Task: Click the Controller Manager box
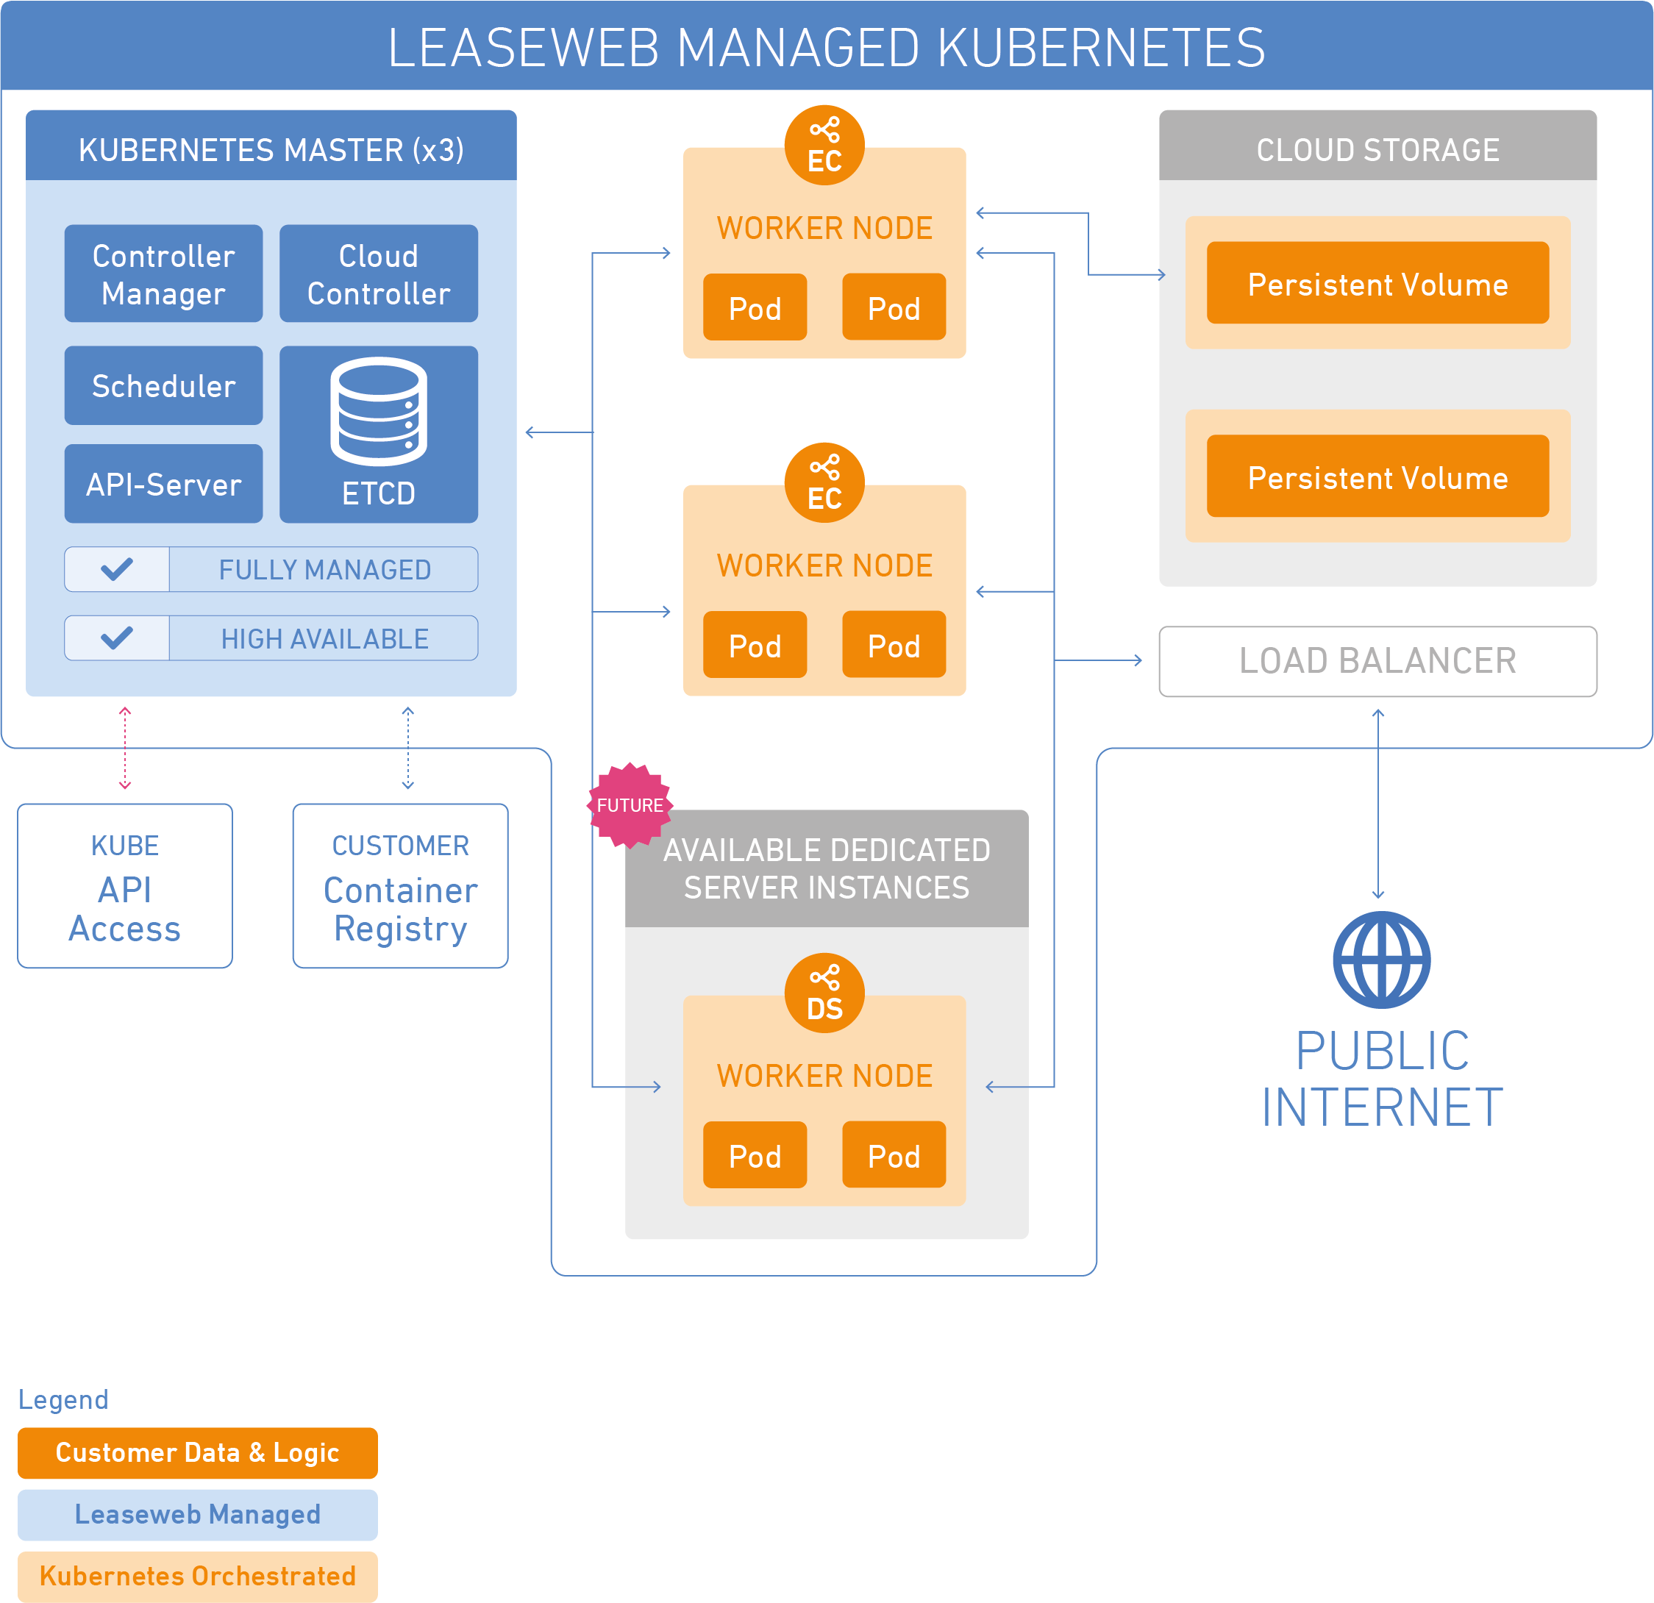coord(164,274)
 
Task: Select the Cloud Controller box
coord(379,274)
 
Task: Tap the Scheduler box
coord(164,385)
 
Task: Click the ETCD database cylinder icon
coord(379,411)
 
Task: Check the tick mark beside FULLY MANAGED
coord(116,569)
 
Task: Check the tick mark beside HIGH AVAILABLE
coord(116,638)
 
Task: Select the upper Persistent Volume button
coord(1377,284)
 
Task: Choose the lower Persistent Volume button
coord(1377,476)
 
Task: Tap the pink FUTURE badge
coord(630,805)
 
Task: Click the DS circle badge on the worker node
coord(824,993)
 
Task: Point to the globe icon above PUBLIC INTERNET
coord(1381,960)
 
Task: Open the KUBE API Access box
coord(125,886)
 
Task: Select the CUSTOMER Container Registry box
coord(400,886)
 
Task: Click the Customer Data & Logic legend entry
coord(198,1453)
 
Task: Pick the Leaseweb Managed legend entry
coord(198,1515)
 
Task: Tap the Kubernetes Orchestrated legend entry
coord(198,1576)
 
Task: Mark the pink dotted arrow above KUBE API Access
coord(125,749)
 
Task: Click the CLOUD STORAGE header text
coord(1377,150)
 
